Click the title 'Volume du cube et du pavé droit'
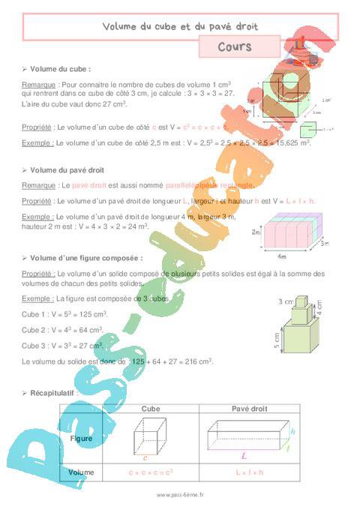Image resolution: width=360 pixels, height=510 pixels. [180, 26]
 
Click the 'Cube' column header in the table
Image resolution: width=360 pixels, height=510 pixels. [151, 409]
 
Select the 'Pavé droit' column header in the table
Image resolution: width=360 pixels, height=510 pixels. [244, 409]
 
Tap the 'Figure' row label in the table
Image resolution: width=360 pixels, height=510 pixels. [81, 436]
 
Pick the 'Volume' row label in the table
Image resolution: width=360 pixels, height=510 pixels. [81, 472]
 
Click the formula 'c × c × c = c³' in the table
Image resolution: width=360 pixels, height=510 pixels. [151, 472]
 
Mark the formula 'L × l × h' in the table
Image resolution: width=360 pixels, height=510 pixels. [244, 472]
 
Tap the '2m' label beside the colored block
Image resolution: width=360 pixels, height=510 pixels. [256, 233]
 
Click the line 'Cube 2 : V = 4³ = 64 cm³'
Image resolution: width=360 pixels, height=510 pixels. [64, 329]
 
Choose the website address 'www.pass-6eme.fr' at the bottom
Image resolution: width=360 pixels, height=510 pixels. [180, 495]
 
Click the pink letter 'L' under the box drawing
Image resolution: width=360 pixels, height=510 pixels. [244, 454]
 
